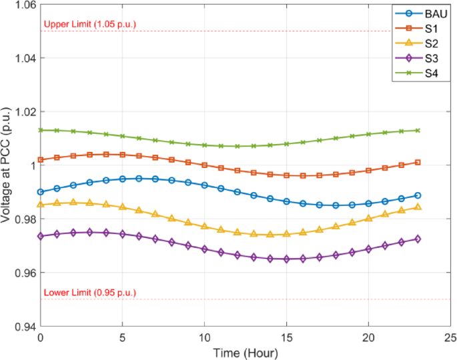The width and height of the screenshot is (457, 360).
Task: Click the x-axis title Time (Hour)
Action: coord(246,351)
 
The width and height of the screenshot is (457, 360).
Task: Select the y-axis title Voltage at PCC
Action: coord(8,165)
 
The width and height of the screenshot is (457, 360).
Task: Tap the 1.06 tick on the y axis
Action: coord(25,5)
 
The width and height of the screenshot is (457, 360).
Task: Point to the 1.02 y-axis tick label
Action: coord(25,112)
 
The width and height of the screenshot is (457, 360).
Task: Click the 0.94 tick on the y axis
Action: coord(25,327)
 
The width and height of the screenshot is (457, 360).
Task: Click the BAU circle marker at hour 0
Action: coord(41,192)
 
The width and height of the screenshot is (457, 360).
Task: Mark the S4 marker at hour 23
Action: coord(418,131)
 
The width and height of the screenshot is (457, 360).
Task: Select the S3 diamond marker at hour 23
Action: coord(418,239)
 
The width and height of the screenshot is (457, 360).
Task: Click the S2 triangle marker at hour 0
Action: coord(41,204)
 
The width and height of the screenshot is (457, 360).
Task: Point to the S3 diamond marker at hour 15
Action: coord(287,259)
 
